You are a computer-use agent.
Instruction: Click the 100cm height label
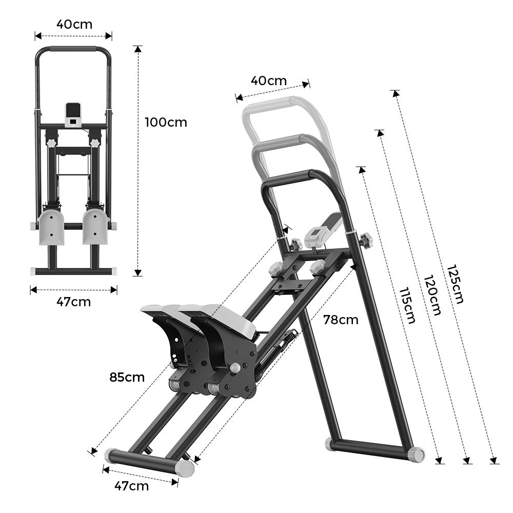pyautogui.click(x=166, y=123)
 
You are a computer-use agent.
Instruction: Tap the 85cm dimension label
pyautogui.click(x=127, y=377)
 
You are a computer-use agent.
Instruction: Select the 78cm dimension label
pyautogui.click(x=341, y=320)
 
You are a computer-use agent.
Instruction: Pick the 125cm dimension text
pyautogui.click(x=455, y=284)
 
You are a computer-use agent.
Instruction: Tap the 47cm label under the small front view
pyautogui.click(x=73, y=302)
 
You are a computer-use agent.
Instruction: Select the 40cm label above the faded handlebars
pyautogui.click(x=269, y=81)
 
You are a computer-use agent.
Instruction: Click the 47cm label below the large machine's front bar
pyautogui.click(x=131, y=486)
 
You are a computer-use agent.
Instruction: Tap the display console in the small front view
pyautogui.click(x=73, y=114)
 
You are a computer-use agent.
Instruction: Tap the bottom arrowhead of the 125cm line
pyautogui.click(x=494, y=460)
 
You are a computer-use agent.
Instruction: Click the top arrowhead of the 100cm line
pyautogui.click(x=137, y=49)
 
